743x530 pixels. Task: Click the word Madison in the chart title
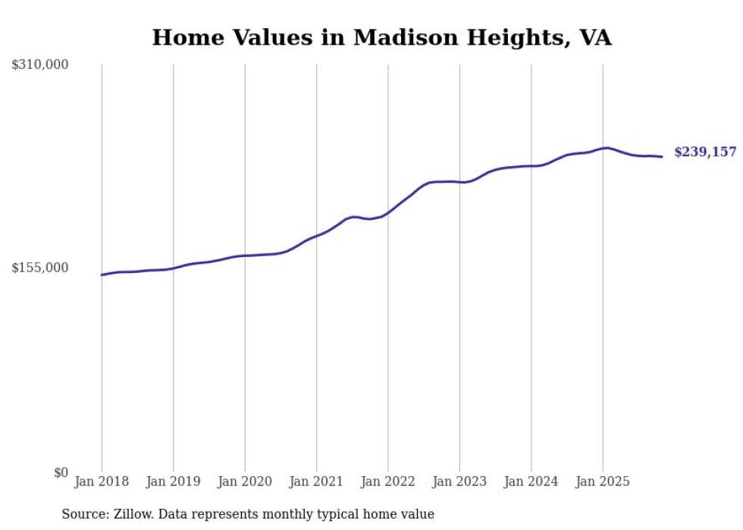399,37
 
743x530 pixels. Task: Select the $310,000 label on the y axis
40,65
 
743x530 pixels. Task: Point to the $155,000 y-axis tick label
40,268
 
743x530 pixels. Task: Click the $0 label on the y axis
61,472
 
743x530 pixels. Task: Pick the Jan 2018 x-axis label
102,481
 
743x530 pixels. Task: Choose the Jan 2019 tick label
173,481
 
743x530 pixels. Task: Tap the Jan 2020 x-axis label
245,481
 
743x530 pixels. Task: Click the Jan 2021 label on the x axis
316,481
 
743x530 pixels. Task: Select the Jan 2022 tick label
388,481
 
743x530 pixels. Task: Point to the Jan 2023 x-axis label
459,481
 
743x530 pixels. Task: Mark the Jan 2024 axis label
531,481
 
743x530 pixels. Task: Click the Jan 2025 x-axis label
603,481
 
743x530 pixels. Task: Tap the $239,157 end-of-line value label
705,152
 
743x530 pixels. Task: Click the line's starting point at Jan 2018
102,274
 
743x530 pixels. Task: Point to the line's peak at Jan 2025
604,148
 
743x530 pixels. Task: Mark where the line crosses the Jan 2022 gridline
388,212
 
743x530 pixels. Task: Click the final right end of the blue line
663,157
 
